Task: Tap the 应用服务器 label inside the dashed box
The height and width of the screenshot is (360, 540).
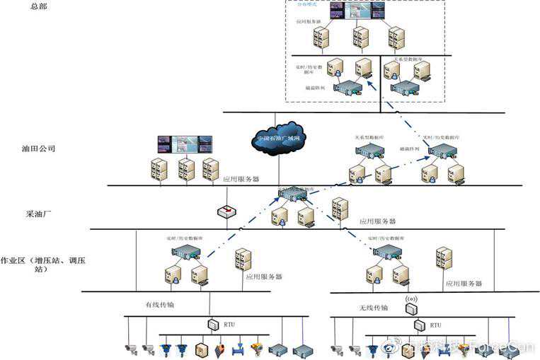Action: (309, 22)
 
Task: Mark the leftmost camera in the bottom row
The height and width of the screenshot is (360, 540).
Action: (129, 348)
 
